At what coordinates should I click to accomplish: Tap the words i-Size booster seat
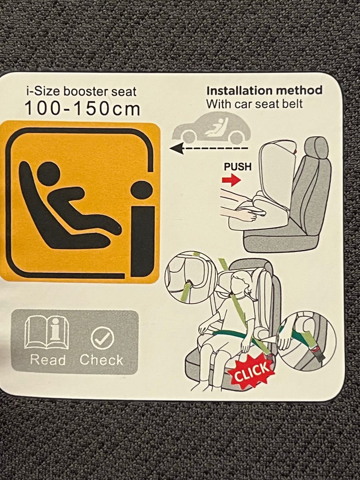[x=81, y=91]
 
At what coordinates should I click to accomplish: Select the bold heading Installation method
[x=264, y=90]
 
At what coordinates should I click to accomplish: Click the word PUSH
[x=238, y=167]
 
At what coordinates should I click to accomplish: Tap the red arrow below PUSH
[x=231, y=181]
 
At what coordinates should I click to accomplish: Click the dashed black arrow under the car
[x=209, y=148]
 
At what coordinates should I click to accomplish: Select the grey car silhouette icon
[x=211, y=127]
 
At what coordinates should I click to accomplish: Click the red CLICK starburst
[x=251, y=371]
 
